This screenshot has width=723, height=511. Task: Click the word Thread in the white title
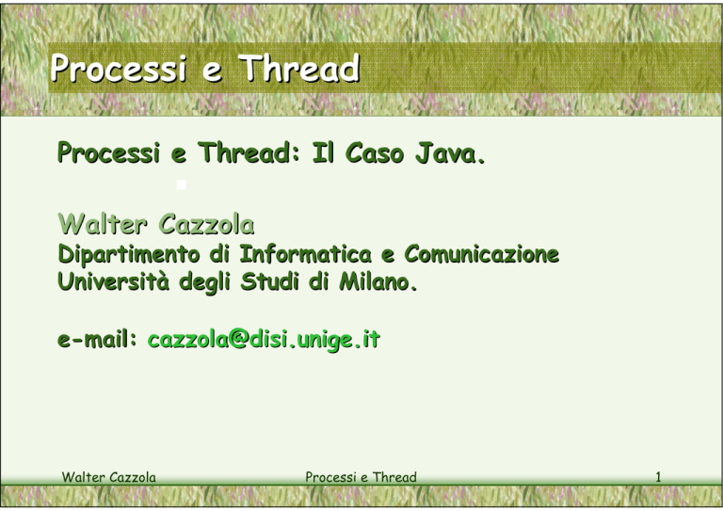298,68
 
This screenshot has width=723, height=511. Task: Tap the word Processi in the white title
119,69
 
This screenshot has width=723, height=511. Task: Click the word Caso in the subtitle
375,153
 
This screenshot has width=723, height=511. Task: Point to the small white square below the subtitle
182,184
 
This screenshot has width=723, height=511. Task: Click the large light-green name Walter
103,224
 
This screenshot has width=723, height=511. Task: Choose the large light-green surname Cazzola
206,224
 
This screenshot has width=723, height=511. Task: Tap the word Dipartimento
129,254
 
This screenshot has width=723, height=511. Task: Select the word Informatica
305,254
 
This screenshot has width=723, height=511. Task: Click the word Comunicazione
481,254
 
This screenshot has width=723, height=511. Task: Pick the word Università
113,281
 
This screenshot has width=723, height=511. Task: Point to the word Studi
270,281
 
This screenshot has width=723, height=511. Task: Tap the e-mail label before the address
97,340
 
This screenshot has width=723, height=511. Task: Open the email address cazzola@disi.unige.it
264,340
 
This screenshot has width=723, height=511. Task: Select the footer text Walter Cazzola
109,477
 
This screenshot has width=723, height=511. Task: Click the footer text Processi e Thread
361,477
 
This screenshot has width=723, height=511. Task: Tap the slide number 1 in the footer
658,477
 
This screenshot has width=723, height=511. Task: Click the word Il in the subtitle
323,153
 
